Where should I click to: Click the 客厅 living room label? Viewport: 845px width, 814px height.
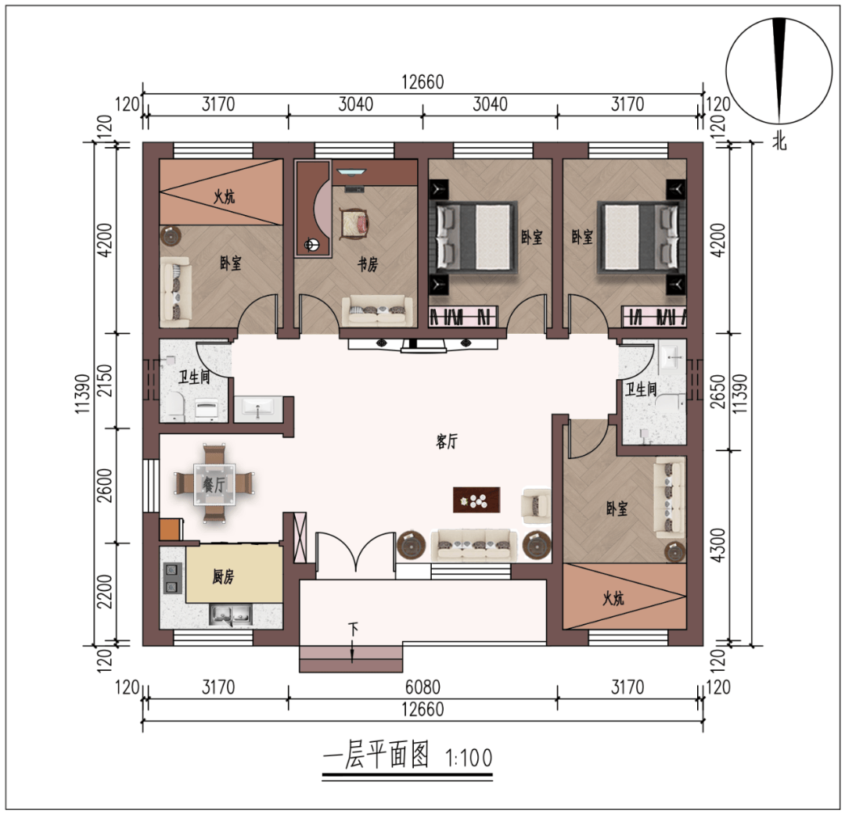pyautogui.click(x=447, y=442)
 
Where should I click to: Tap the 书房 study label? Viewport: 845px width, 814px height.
pyautogui.click(x=368, y=264)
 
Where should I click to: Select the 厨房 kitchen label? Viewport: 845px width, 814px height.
pyautogui.click(x=223, y=577)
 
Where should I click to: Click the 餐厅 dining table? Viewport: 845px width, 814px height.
pyautogui.click(x=214, y=483)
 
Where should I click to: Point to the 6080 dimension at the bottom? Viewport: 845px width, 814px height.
pyautogui.click(x=422, y=687)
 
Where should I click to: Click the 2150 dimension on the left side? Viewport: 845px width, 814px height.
pyautogui.click(x=105, y=380)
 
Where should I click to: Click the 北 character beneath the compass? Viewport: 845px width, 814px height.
pyautogui.click(x=779, y=142)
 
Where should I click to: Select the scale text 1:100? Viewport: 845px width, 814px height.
pyautogui.click(x=469, y=758)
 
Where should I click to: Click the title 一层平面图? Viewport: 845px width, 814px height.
pyautogui.click(x=376, y=755)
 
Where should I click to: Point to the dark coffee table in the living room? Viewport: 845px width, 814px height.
pyautogui.click(x=476, y=500)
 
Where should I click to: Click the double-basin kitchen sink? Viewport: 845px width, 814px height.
pyautogui.click(x=231, y=615)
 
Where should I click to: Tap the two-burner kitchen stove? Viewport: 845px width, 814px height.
pyautogui.click(x=172, y=578)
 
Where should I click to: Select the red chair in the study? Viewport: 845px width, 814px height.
pyautogui.click(x=356, y=224)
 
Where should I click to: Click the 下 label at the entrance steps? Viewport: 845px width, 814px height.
pyautogui.click(x=353, y=628)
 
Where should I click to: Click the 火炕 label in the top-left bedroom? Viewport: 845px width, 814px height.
pyautogui.click(x=225, y=196)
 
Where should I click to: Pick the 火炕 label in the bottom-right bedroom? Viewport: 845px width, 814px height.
pyautogui.click(x=613, y=598)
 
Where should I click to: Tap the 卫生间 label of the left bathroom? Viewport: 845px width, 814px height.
pyautogui.click(x=194, y=377)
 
